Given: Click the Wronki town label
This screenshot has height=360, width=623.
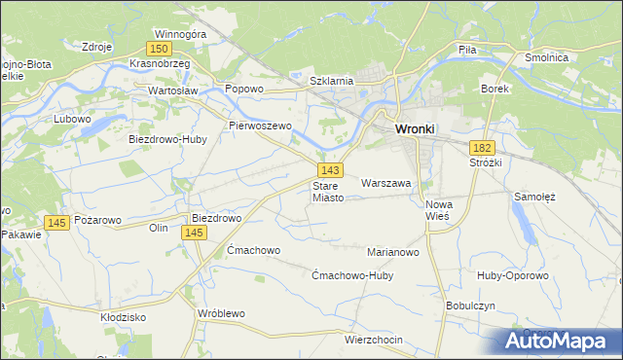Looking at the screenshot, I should click(415, 128).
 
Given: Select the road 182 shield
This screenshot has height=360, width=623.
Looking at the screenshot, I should click(483, 147).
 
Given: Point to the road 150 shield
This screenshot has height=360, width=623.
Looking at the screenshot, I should click(160, 48).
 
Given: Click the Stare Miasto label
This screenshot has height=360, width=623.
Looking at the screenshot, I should click(328, 192).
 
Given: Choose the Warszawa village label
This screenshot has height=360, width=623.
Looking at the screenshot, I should click(386, 183).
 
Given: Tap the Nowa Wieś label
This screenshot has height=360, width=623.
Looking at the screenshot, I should click(440, 211).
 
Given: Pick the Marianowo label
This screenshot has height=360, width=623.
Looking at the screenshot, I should click(392, 252).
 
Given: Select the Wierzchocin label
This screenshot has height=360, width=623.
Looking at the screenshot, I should click(374, 341).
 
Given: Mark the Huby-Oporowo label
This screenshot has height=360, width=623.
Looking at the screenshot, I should click(513, 275).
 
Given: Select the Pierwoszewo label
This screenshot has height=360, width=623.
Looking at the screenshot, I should click(260, 126).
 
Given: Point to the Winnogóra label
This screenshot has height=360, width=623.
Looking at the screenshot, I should click(181, 33).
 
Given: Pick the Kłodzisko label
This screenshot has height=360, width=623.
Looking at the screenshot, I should click(123, 317).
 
